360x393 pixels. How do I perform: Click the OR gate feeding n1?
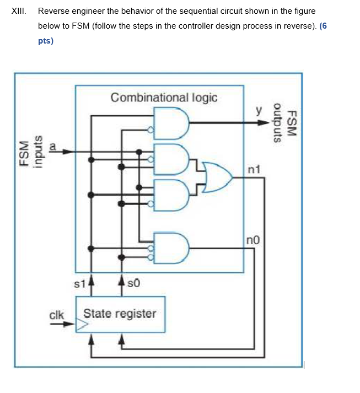(x=216, y=177)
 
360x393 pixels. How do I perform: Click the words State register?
(x=120, y=314)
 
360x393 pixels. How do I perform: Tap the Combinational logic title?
(x=164, y=98)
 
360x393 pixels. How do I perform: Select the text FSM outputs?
(x=286, y=124)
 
